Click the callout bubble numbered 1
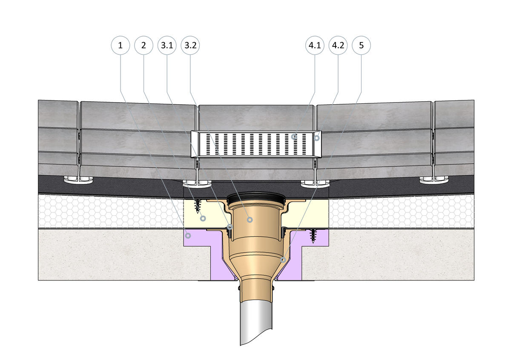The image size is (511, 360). (121, 46)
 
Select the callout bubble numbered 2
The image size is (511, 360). (144, 46)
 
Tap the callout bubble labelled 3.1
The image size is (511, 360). (167, 46)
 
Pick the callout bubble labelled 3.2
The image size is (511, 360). (190, 46)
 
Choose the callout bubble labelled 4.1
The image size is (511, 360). (315, 46)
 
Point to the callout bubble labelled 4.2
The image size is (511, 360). (338, 46)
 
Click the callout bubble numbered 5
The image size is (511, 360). (362, 46)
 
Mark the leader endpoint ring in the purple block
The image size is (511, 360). (188, 235)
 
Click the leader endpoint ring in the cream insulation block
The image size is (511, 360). (203, 218)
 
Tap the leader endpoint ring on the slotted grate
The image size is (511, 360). (294, 137)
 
